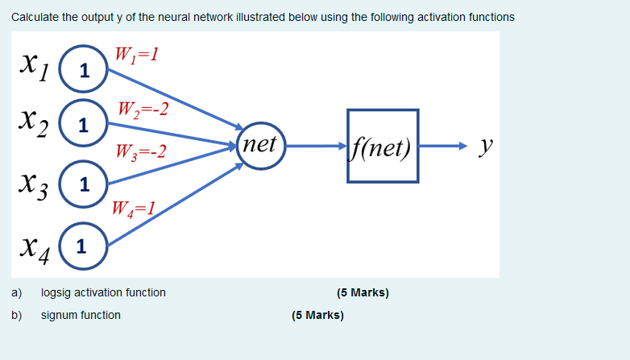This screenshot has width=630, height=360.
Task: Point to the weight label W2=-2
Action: click(143, 108)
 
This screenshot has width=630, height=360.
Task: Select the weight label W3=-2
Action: click(141, 151)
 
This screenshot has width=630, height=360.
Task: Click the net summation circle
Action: click(260, 146)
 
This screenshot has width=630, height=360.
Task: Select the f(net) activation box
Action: click(383, 147)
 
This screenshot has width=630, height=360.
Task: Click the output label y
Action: click(484, 146)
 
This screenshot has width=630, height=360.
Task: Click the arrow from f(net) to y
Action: click(441, 147)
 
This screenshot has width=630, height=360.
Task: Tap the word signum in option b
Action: click(59, 315)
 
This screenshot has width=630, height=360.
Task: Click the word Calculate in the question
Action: click(35, 17)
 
